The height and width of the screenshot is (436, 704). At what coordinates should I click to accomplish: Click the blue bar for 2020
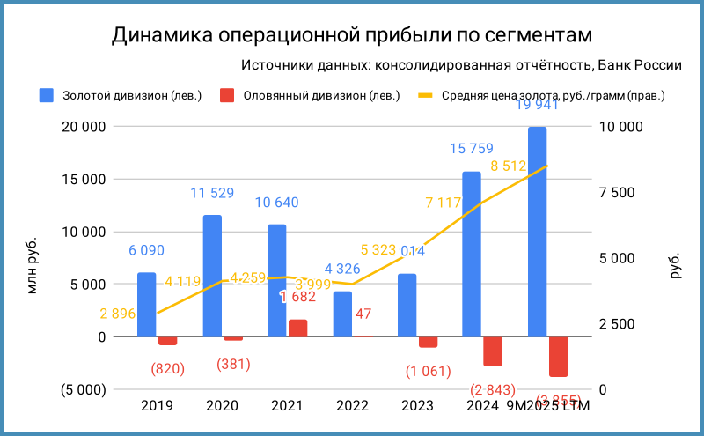tap(212, 276)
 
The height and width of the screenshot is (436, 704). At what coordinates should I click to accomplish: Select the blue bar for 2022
tap(342, 314)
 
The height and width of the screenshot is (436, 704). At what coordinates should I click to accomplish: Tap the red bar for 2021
tap(297, 328)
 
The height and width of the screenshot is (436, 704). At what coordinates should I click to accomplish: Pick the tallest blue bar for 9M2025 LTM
tap(537, 232)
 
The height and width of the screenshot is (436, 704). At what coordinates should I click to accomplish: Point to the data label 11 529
tap(212, 193)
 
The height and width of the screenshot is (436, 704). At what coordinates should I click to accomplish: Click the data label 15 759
tap(471, 149)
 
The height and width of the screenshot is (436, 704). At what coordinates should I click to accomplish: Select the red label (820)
tap(167, 368)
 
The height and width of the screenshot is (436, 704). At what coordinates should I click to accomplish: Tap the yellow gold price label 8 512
tap(508, 166)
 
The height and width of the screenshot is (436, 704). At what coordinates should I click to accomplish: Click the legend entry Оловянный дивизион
tap(321, 95)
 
